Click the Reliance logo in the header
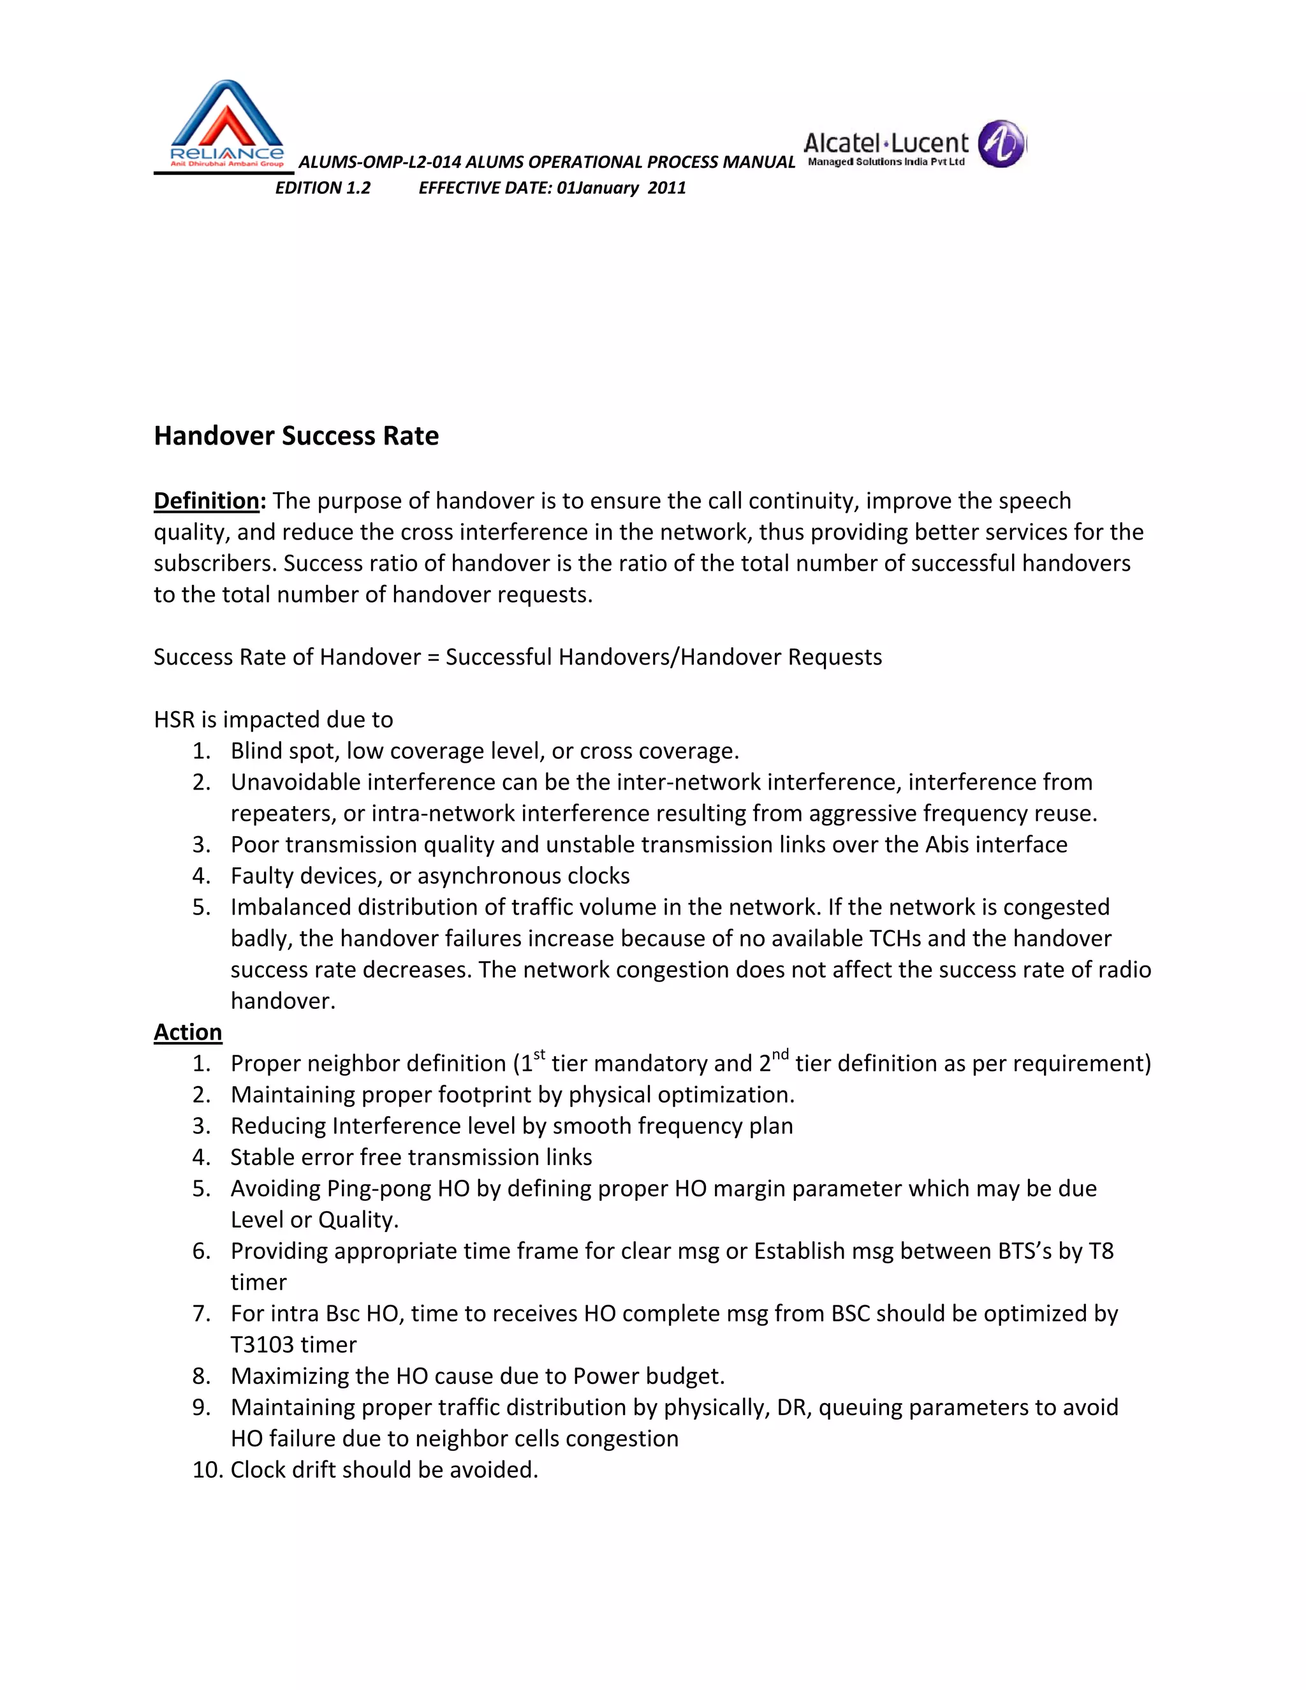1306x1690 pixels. pyautogui.click(x=226, y=124)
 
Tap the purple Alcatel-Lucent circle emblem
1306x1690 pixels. pyautogui.click(x=1001, y=144)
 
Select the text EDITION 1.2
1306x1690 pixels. pyautogui.click(x=323, y=188)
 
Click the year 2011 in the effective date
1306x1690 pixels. pyautogui.click(x=667, y=188)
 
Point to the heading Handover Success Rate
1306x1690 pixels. pyautogui.click(x=297, y=436)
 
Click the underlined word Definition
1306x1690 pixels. pyautogui.click(x=206, y=501)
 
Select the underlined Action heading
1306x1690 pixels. pyautogui.click(x=187, y=1032)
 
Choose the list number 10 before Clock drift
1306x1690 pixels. pyautogui.click(x=207, y=1469)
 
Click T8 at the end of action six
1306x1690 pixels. pyautogui.click(x=1100, y=1251)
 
